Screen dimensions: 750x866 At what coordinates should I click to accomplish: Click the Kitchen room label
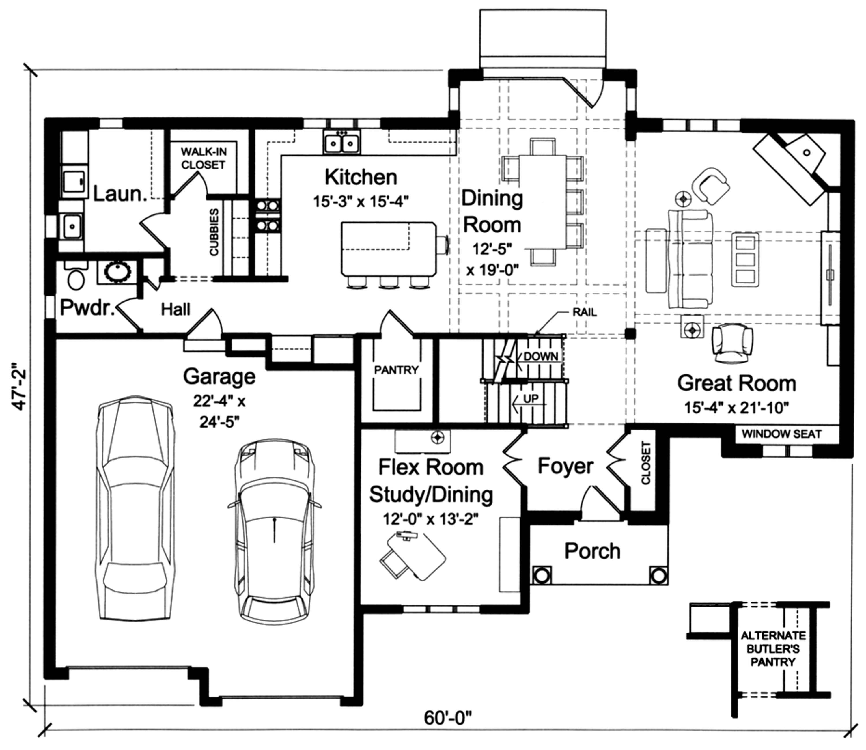(x=361, y=178)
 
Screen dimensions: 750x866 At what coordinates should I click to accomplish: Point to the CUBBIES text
(x=214, y=232)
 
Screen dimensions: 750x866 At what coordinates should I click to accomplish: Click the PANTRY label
(x=396, y=370)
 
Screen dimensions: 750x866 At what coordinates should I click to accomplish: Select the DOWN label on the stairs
(x=540, y=357)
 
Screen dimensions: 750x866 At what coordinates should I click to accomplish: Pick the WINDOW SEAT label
(x=781, y=434)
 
